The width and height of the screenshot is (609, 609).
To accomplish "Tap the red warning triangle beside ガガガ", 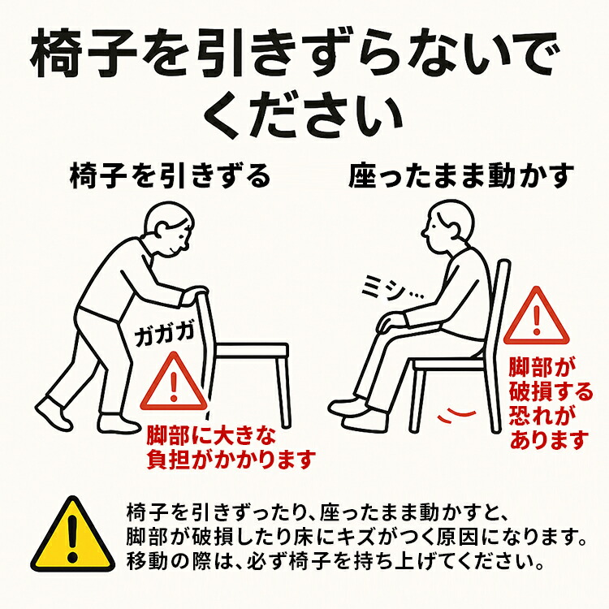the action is click(x=173, y=382).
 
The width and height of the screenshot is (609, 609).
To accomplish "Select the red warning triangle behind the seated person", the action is click(x=537, y=316).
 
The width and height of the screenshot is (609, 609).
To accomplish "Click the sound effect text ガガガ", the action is click(x=164, y=335).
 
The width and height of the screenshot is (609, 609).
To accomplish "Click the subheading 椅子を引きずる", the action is click(x=171, y=176).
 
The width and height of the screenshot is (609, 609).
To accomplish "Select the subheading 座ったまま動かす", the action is click(x=461, y=176).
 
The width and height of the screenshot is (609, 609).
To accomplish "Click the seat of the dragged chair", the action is click(x=252, y=350).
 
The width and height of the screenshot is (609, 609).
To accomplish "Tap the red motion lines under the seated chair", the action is click(x=456, y=414).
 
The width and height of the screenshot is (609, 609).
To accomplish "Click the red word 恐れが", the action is click(x=543, y=415).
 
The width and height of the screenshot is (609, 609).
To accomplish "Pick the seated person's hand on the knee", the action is click(x=394, y=322).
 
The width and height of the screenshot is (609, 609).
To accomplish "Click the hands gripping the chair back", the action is click(x=195, y=295).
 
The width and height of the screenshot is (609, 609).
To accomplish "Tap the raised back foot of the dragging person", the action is click(x=54, y=413).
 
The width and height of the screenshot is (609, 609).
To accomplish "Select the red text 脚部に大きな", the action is click(x=211, y=436).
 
